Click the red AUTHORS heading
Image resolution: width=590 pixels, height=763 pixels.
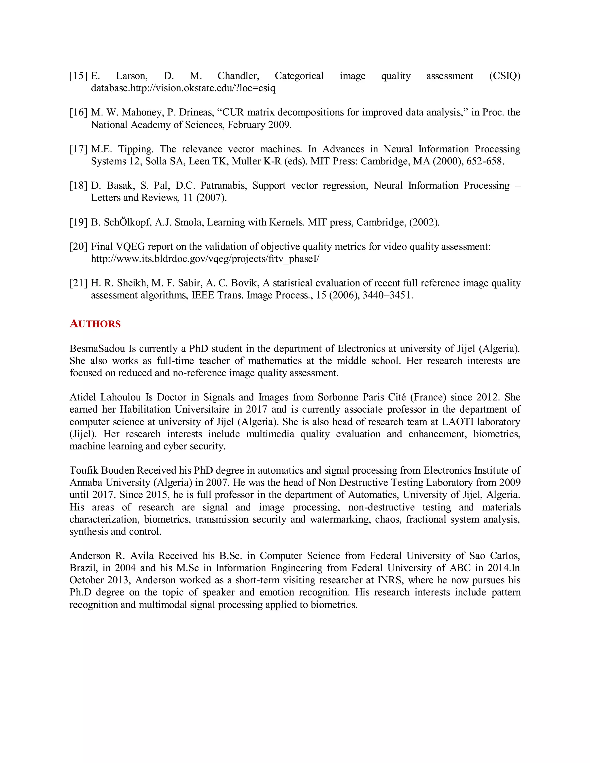(x=95, y=324)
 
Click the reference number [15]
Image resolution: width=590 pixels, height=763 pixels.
(x=78, y=76)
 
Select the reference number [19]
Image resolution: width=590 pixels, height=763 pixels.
(x=78, y=222)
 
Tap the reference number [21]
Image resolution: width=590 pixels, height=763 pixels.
(x=78, y=283)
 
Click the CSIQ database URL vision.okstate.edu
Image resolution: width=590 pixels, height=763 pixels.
(x=203, y=88)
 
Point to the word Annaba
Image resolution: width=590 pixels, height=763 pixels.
(x=86, y=483)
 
